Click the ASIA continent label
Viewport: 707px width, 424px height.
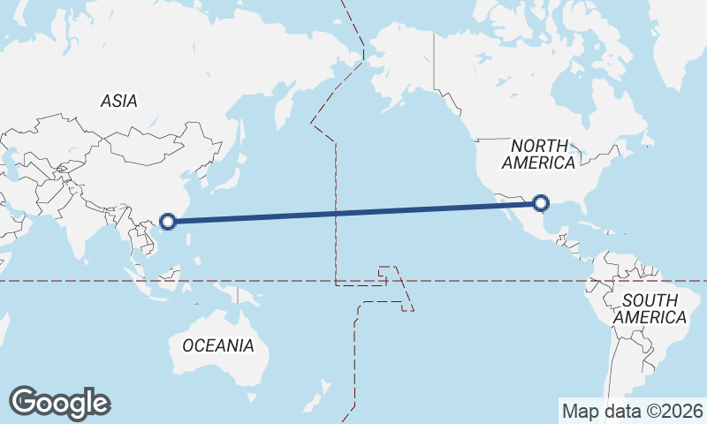click(118, 102)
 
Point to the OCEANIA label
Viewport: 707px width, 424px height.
click(217, 345)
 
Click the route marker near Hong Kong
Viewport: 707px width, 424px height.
click(168, 220)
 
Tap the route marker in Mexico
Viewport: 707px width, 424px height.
click(542, 205)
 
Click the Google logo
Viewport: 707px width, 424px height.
click(59, 403)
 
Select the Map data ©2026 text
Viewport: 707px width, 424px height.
click(633, 411)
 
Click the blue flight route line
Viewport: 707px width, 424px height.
click(353, 212)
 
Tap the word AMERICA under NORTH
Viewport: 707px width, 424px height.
click(538, 163)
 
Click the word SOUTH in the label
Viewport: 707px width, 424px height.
click(650, 300)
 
